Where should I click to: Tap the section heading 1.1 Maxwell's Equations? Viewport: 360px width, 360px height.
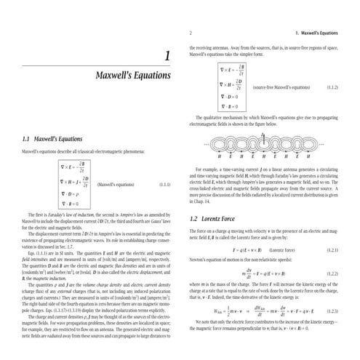click(x=52, y=138)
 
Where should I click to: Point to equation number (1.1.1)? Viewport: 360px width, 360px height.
click(x=165, y=185)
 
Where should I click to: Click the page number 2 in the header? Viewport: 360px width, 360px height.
click(x=190, y=33)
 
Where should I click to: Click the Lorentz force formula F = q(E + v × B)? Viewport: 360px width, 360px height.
click(x=247, y=249)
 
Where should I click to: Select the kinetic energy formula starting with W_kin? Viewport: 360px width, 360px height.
click(x=255, y=308)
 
